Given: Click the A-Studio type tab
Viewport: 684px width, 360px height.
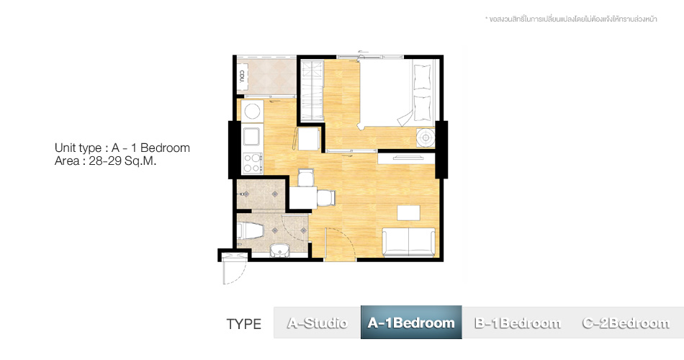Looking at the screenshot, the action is coord(317,323).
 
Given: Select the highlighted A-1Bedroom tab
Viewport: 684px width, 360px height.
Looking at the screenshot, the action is coord(411,323).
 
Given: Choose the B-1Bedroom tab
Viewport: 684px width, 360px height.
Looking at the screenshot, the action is coord(518,323).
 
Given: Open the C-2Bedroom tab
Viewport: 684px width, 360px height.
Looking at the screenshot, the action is coord(626,323).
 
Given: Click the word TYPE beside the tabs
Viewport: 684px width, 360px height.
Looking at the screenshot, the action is coord(244,324).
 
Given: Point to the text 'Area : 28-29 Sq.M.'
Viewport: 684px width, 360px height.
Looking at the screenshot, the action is coord(105,161).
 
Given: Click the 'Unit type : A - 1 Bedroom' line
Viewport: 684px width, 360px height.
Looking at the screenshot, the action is coord(122,148).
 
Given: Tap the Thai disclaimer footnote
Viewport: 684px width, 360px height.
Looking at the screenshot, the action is coord(571,19).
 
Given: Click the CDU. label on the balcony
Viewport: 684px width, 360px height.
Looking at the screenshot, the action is coord(242,77).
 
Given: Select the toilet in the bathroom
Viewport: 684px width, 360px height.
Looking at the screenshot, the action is coord(250,230).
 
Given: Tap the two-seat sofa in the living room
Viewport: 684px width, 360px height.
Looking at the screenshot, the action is coord(408,242).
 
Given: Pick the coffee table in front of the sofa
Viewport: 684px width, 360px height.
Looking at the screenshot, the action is coord(408,213).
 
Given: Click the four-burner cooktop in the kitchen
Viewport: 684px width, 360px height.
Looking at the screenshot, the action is coord(252,163).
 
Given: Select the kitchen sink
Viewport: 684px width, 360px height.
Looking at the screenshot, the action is coord(252,137).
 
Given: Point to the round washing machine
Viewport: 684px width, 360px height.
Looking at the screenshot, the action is coord(252,112).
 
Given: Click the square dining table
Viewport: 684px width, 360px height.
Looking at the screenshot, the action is coord(303,197).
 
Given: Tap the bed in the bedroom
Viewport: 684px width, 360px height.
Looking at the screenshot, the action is coord(398,93).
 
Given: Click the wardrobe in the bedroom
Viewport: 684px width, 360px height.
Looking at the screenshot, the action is coord(312,91).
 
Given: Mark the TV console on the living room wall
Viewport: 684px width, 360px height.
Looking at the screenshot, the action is coord(406,158).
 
